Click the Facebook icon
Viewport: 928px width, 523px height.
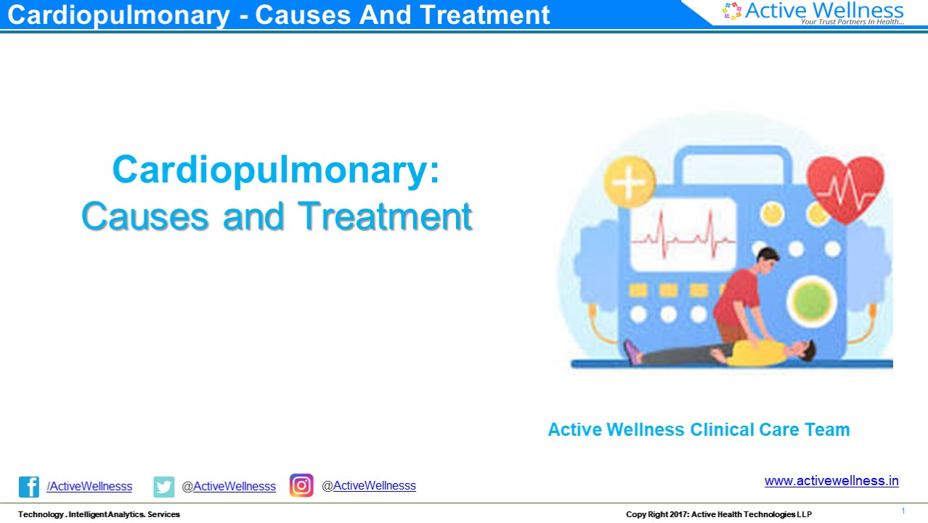tap(29, 486)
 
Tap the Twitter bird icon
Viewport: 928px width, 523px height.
tap(164, 486)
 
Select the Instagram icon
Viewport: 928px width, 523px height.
tap(301, 485)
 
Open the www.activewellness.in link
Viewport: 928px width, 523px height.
tap(831, 481)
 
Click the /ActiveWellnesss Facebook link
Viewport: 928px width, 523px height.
tap(89, 486)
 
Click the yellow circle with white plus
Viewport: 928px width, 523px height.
tap(630, 180)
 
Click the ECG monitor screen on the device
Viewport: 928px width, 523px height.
tap(683, 235)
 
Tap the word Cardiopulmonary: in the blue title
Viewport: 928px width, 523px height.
tap(276, 169)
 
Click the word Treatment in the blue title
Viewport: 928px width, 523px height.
tap(386, 216)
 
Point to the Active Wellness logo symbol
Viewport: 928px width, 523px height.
tap(732, 10)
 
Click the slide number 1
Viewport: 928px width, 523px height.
tap(903, 511)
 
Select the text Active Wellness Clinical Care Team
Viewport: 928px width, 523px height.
tap(699, 429)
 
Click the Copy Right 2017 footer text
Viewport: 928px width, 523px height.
tap(719, 514)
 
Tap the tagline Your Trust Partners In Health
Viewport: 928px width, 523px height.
tap(852, 22)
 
